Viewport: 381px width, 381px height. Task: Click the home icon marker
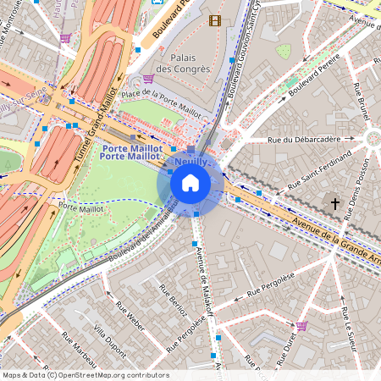(x=190, y=183)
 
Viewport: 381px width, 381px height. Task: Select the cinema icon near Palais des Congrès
(x=215, y=20)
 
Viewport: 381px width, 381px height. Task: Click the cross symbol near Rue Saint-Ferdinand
(x=335, y=203)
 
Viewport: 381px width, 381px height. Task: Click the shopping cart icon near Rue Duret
(x=301, y=325)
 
